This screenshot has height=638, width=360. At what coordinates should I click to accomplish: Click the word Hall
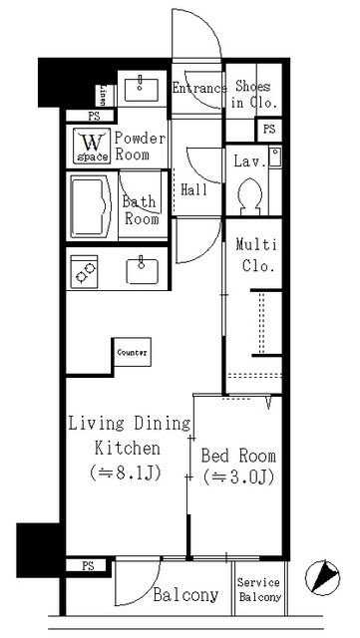pyautogui.click(x=194, y=188)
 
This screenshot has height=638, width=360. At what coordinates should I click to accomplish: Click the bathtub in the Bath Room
pyautogui.click(x=92, y=204)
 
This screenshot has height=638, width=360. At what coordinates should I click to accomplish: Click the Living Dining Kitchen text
pyautogui.click(x=128, y=435)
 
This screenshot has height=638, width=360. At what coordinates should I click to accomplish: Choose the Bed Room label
pyautogui.click(x=239, y=455)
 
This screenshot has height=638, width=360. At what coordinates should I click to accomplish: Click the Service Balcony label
pyautogui.click(x=258, y=590)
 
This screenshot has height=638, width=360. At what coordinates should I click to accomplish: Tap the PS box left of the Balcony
pyautogui.click(x=89, y=565)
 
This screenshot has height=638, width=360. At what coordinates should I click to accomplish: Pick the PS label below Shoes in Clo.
pyautogui.click(x=268, y=130)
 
